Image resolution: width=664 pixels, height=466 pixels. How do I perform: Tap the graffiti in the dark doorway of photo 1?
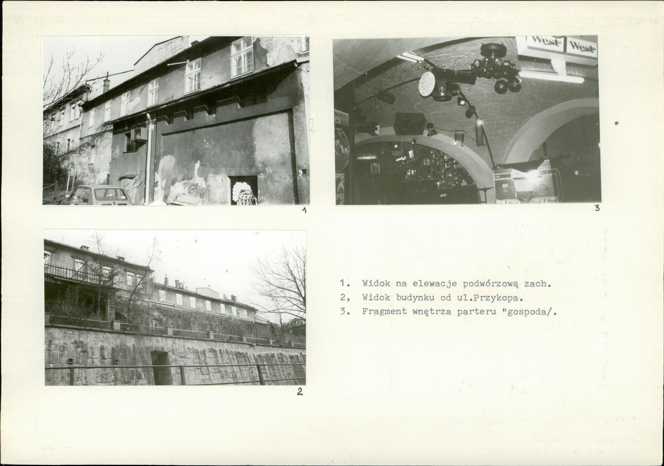244,193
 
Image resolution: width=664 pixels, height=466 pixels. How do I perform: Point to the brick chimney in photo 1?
106,84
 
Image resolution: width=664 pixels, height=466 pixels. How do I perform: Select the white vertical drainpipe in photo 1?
148,158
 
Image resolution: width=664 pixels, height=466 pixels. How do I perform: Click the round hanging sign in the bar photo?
427,84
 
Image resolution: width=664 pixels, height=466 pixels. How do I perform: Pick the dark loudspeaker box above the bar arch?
409,123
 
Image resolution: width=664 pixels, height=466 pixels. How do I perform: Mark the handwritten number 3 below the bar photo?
597,208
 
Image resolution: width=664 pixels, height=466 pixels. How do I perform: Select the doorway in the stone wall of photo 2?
161,367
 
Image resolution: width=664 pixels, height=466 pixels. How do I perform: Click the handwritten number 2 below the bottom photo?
300,392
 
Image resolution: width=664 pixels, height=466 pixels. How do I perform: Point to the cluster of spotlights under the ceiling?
496,69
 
